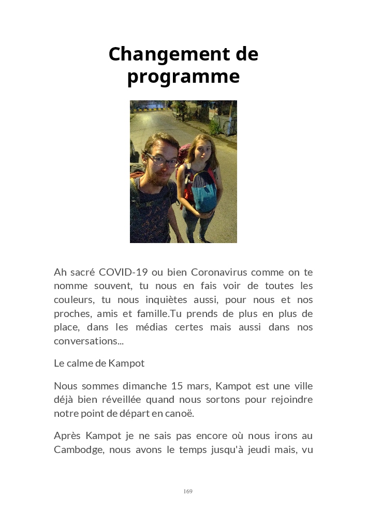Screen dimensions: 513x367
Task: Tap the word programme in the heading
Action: (183, 77)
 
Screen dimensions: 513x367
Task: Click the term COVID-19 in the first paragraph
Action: (123, 272)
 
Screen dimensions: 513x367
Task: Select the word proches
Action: (69, 314)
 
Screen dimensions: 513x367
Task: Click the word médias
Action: (197, 327)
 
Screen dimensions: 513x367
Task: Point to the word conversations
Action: (85, 341)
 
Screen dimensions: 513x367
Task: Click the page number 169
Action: (188, 491)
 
